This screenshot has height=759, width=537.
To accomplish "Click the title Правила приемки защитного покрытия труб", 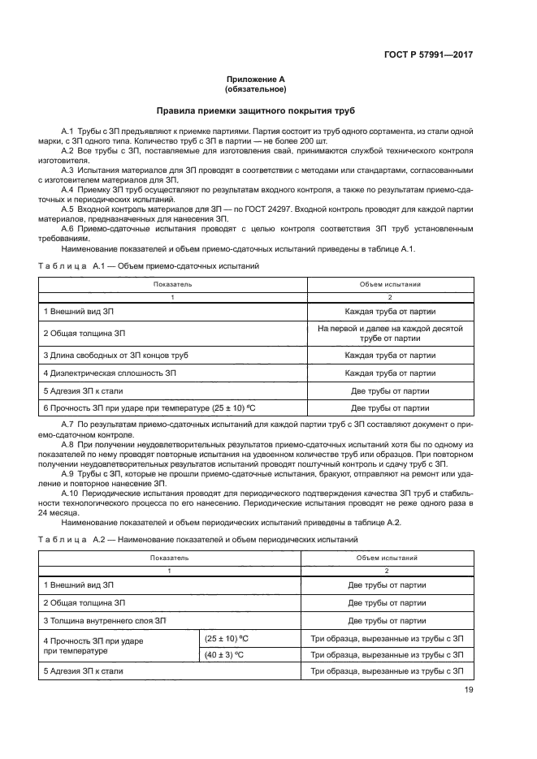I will coord(256,110).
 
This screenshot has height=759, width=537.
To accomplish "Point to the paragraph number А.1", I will coord(67,131).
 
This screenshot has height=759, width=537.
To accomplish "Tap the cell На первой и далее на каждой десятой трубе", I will coord(389,333).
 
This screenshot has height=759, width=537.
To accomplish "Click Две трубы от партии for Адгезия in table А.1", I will coord(389,390).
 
